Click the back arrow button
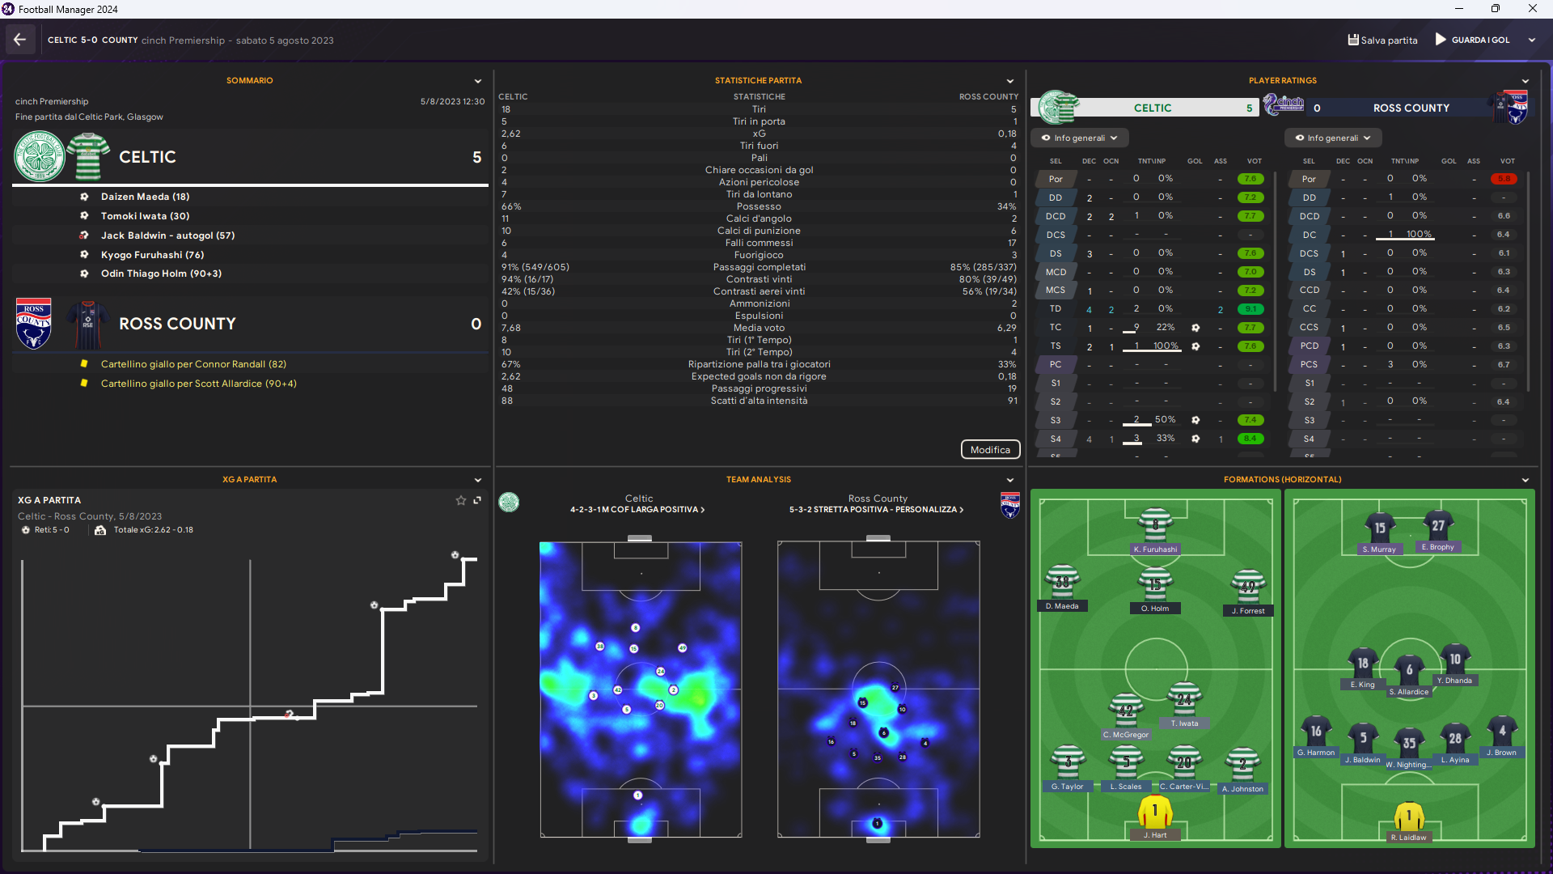tap(20, 40)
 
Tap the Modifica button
tap(990, 450)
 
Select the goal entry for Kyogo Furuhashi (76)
tap(152, 255)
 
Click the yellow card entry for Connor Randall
tap(193, 364)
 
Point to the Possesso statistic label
tap(759, 206)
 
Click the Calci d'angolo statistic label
tap(759, 218)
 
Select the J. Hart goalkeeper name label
tap(1154, 835)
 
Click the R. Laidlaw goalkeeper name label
tap(1408, 838)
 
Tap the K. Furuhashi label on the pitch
tap(1155, 549)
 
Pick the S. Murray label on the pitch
tap(1379, 549)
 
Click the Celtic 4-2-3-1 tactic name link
tap(637, 510)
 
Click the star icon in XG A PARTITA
tap(461, 500)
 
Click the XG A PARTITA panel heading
tap(249, 480)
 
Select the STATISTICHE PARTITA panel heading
tap(758, 81)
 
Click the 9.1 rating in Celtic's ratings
tap(1250, 309)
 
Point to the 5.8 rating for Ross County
tap(1504, 179)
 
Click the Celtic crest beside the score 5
tap(40, 157)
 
